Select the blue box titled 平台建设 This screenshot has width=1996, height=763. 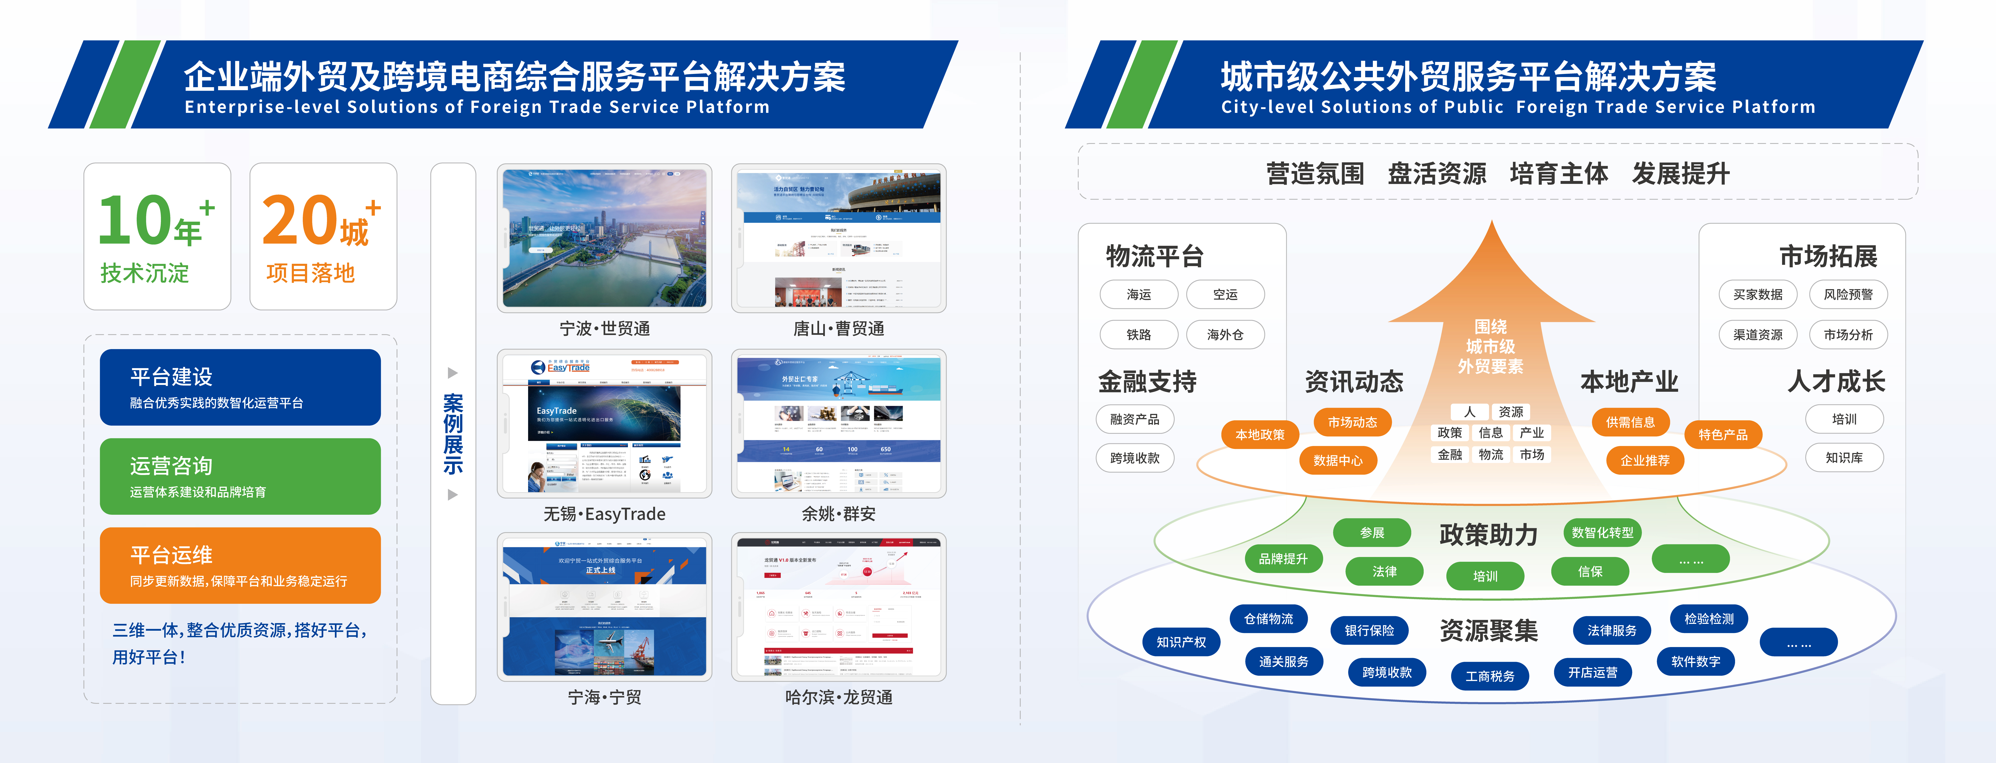pyautogui.click(x=240, y=387)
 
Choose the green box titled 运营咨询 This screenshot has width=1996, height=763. pyautogui.click(x=240, y=476)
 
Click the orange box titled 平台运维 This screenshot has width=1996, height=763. pyautogui.click(x=240, y=565)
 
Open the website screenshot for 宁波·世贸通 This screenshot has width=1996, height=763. pyautogui.click(x=604, y=238)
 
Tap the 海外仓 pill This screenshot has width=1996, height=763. pyautogui.click(x=1225, y=335)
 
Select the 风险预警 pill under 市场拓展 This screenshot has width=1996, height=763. pyautogui.click(x=1848, y=294)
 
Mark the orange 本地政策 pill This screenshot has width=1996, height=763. pyautogui.click(x=1260, y=435)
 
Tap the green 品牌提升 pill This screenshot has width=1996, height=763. pyautogui.click(x=1283, y=558)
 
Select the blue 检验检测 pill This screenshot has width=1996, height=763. pyautogui.click(x=1709, y=619)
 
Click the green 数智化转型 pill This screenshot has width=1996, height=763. pyautogui.click(x=1602, y=532)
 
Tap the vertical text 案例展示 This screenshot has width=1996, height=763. pyautogui.click(x=453, y=434)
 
